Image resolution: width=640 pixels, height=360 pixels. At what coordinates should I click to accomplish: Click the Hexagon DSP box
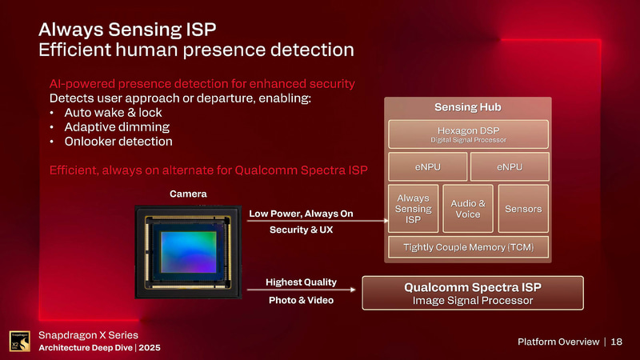[468, 134]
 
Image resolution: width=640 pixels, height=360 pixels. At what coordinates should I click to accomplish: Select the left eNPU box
[426, 167]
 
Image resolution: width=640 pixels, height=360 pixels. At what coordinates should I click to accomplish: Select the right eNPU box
[510, 167]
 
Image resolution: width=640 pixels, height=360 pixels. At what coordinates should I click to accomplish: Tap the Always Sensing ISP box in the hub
[414, 209]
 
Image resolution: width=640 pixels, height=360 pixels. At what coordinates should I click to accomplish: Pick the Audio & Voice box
[466, 209]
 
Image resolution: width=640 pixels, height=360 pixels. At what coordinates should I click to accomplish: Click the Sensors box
[523, 209]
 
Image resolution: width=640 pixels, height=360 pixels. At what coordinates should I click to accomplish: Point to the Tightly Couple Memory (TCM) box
[468, 248]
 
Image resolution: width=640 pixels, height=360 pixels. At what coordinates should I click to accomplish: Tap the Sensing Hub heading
[468, 107]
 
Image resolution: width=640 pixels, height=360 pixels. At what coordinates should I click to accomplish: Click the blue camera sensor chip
[186, 254]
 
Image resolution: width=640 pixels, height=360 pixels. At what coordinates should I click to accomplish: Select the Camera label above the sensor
[188, 194]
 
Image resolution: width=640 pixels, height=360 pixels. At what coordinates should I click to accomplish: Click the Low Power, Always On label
[301, 214]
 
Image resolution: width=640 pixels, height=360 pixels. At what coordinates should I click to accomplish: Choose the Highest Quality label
[301, 282]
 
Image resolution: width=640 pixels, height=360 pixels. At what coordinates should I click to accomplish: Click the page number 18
[617, 342]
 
